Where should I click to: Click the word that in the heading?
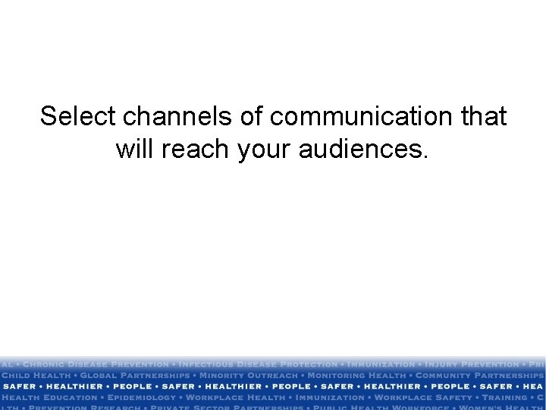coord(483,117)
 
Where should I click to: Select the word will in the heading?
coord(136,150)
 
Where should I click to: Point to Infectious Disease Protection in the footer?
coord(257,365)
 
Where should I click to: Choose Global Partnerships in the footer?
coord(136,376)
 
